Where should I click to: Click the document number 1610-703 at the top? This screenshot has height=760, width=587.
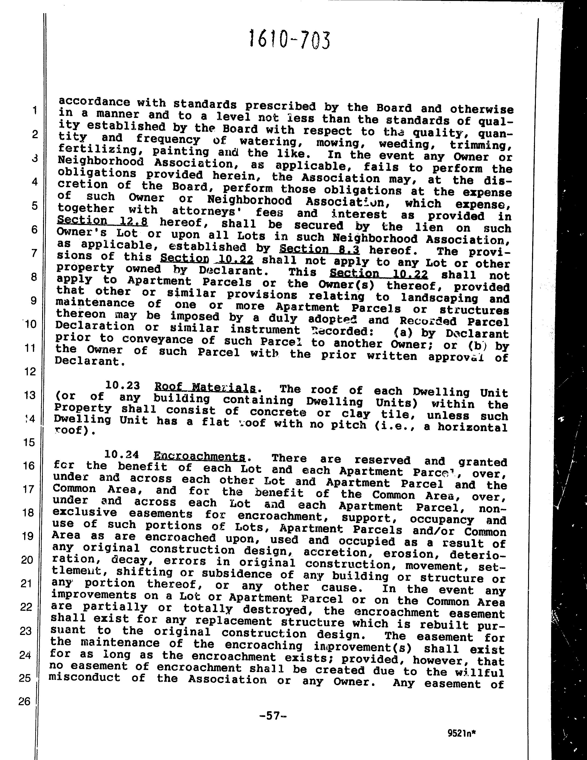coord(289,39)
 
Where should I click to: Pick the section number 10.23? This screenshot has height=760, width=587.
coord(123,385)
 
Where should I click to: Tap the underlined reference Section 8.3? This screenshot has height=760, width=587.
coord(320,249)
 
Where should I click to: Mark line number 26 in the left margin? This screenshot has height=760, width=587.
coord(24,701)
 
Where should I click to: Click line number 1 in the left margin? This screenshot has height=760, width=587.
coord(35,110)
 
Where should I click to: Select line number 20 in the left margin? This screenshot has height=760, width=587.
coord(27,560)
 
